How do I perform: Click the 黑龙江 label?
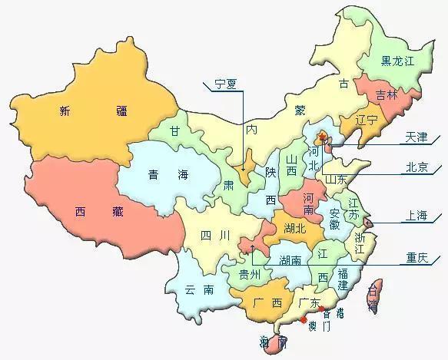(397, 61)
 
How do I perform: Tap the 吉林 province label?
(387, 95)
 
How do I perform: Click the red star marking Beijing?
(323, 138)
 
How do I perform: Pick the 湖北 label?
(294, 228)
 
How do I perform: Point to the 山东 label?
(337, 179)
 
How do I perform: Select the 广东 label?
(310, 304)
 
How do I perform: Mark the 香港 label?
(334, 314)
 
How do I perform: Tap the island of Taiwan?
(374, 296)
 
